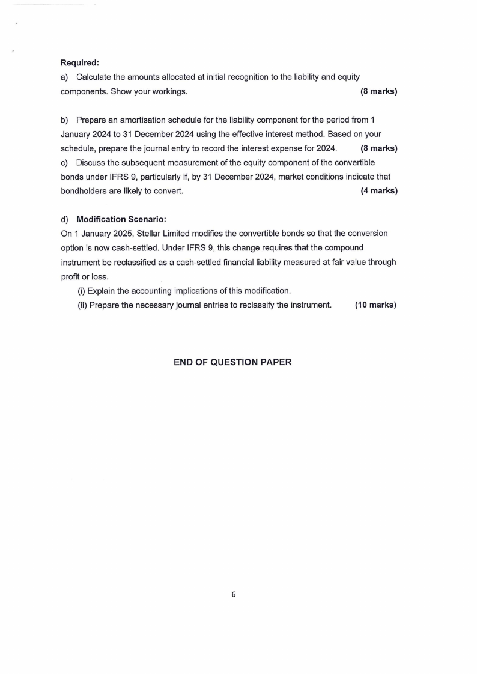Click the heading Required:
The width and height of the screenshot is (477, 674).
coord(80,62)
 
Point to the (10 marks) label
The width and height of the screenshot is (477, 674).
coord(375,305)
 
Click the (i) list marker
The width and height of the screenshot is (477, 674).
coord(81,290)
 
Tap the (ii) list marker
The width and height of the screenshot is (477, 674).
coord(82,305)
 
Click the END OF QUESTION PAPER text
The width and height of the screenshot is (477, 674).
coord(232,362)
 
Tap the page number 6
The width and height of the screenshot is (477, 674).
coord(234,595)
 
